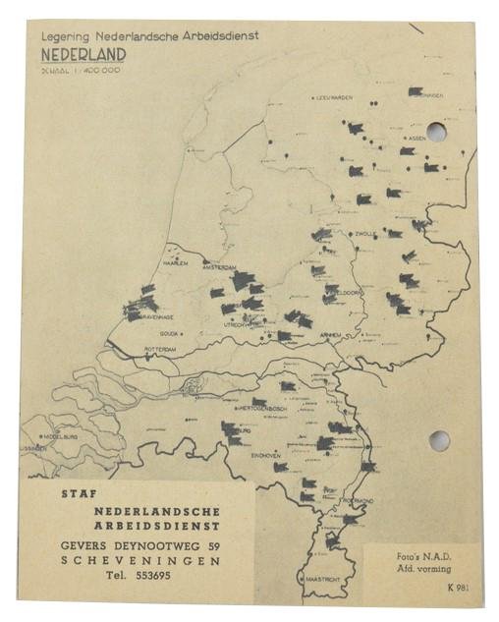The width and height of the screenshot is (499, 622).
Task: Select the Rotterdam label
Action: pyautogui.click(x=161, y=349)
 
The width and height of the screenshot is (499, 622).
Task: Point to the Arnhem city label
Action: pyautogui.click(x=328, y=335)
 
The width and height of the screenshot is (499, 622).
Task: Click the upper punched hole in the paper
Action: pyautogui.click(x=437, y=133)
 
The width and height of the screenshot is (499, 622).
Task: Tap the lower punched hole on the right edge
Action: pyautogui.click(x=438, y=440)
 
